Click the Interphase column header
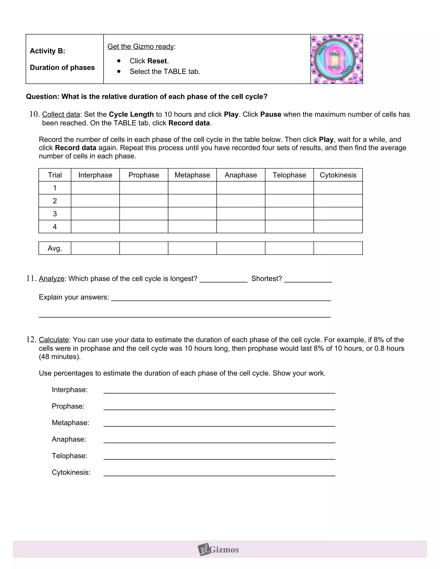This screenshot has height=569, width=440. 95,175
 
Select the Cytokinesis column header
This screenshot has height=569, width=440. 338,175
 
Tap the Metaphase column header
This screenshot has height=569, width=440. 192,175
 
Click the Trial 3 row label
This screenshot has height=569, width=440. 55,214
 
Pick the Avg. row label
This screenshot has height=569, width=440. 55,248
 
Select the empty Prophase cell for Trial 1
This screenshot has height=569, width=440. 144,188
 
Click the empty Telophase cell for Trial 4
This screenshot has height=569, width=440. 289,227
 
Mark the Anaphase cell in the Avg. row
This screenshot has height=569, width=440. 241,248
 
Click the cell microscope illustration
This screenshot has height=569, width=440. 336,59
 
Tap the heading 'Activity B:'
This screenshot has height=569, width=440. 47,51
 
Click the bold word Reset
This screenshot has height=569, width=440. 157,61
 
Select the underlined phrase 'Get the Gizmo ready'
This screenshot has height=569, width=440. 141,46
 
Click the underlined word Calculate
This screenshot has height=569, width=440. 54,340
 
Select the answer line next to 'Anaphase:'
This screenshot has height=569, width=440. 219,440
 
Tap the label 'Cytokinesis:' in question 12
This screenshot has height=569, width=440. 71,472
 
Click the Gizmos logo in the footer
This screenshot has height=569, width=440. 218,550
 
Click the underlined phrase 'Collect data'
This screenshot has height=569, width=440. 61,114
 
